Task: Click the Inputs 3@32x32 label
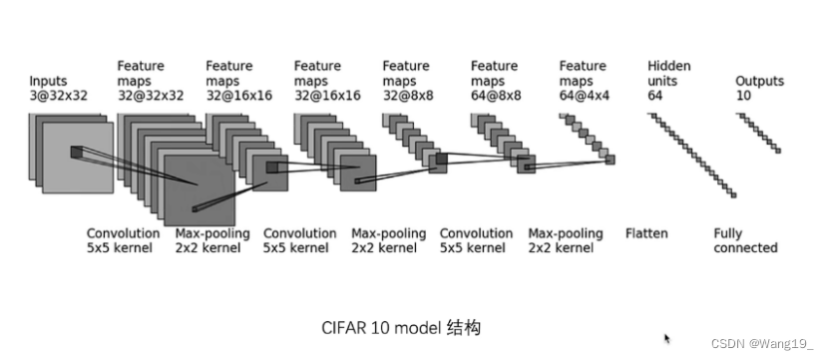click(x=58, y=88)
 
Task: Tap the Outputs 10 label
click(x=759, y=88)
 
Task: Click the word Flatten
click(x=646, y=233)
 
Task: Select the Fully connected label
click(x=745, y=240)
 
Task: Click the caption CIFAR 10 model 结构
click(x=403, y=327)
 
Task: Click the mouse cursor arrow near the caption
click(x=666, y=339)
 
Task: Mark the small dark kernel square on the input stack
click(x=77, y=153)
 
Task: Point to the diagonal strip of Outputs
click(x=758, y=132)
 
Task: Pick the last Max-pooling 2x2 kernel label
click(x=566, y=240)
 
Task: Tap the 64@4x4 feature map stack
click(x=589, y=138)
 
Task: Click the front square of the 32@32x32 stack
click(x=200, y=189)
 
